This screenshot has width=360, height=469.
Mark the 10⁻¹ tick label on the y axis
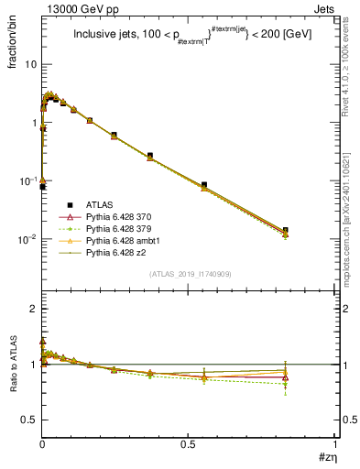point(27,181)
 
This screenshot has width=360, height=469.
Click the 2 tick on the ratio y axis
point(35,310)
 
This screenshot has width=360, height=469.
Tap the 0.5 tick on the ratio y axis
point(30,420)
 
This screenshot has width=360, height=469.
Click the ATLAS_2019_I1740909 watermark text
point(189,275)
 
